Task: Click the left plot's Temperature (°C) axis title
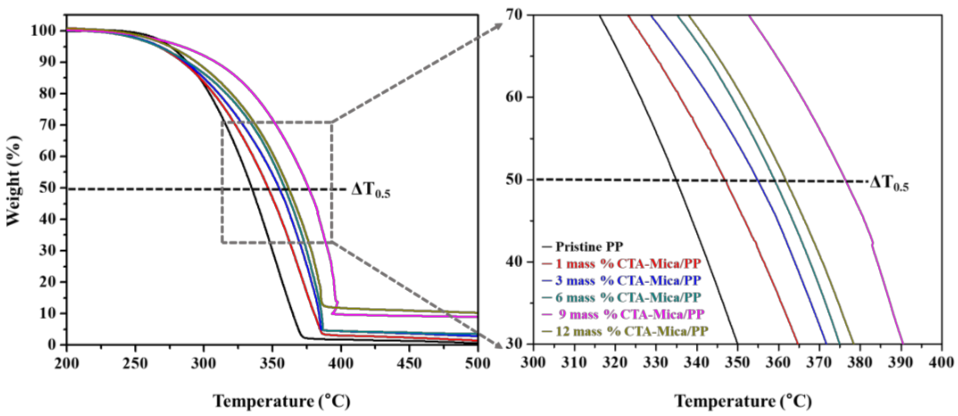point(282,401)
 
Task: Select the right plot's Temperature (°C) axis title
point(743,401)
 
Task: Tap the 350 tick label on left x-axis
point(273,363)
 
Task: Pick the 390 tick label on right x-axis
point(901,363)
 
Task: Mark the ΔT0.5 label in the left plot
point(371,191)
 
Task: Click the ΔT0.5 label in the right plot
point(889,183)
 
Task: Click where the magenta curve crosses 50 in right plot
point(847,181)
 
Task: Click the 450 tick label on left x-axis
point(409,363)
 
